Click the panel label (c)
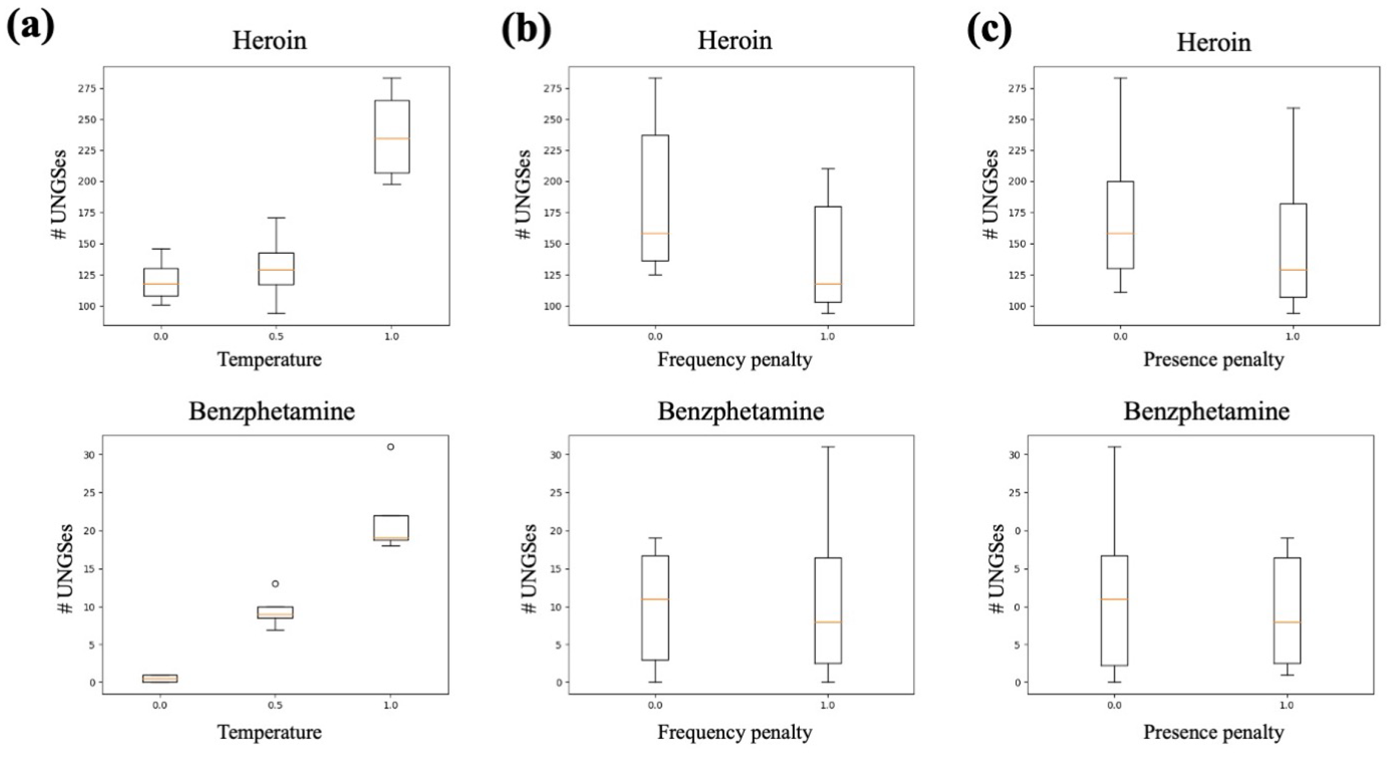click(x=989, y=30)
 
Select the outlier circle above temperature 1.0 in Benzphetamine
click(x=391, y=447)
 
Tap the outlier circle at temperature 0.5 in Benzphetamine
click(x=275, y=584)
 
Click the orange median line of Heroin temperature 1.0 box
click(x=392, y=138)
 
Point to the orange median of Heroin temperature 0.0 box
click(x=161, y=284)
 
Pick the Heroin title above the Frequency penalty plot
click(x=734, y=41)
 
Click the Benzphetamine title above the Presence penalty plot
click(x=1206, y=412)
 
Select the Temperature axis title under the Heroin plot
click(x=270, y=359)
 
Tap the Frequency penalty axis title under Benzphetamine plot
click(x=734, y=732)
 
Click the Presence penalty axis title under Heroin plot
click(x=1213, y=359)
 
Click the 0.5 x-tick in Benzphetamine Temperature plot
click(x=275, y=705)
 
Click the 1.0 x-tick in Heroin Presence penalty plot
click(x=1293, y=336)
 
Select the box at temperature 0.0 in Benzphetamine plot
click(x=160, y=678)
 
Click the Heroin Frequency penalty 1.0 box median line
click(x=828, y=284)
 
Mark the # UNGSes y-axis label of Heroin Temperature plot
click(x=59, y=195)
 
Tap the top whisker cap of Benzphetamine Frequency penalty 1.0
click(x=828, y=447)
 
